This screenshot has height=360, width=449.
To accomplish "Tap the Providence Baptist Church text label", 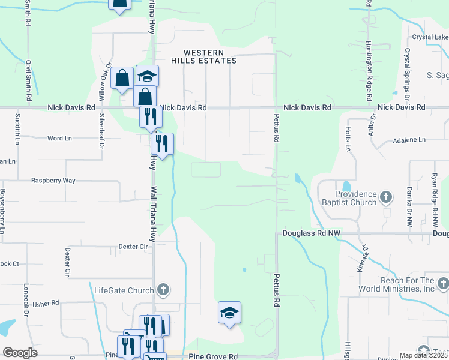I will click(x=356, y=198).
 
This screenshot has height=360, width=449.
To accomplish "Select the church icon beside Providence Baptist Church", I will click(x=387, y=196).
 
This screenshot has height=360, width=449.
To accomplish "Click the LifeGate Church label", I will click(x=124, y=291).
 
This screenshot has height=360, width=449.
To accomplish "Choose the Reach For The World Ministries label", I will click(x=407, y=284).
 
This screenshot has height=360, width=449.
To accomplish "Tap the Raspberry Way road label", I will click(x=53, y=181).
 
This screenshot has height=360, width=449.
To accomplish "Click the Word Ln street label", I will click(x=59, y=138).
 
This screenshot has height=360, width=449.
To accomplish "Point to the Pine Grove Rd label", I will click(x=214, y=356).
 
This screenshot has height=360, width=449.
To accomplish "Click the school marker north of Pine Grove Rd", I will click(x=229, y=313).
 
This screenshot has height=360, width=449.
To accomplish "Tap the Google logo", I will click(x=20, y=353).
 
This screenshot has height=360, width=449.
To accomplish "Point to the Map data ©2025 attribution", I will click(x=423, y=356).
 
